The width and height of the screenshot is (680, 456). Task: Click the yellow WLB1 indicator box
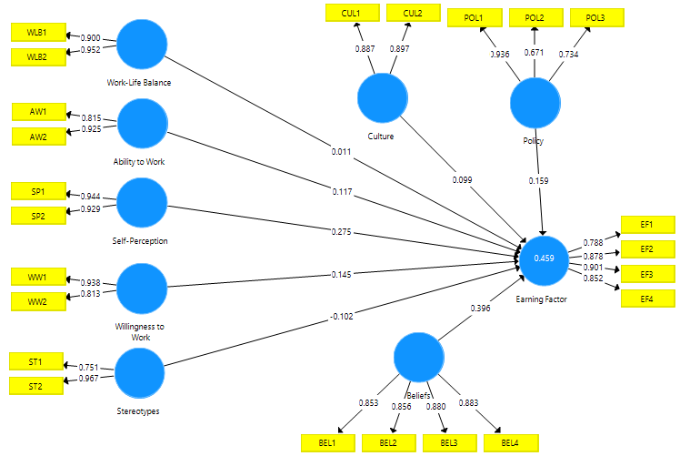pos(36,32)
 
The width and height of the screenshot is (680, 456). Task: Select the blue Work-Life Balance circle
pos(143,44)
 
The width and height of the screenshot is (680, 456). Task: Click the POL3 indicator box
pos(595,18)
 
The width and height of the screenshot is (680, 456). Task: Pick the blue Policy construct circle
pos(535,103)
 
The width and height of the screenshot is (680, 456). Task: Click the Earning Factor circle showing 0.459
pos(544,258)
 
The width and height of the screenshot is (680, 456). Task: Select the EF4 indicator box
pos(646,300)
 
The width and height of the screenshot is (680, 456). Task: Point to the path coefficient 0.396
pos(481,309)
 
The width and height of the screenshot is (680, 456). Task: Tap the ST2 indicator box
pos(35,386)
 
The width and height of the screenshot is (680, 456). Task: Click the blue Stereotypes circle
pos(140,373)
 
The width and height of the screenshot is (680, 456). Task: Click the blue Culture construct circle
pos(382,98)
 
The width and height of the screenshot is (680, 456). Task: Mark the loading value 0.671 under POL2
pos(535,54)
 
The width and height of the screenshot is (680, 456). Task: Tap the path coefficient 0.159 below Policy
pos(539,180)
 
